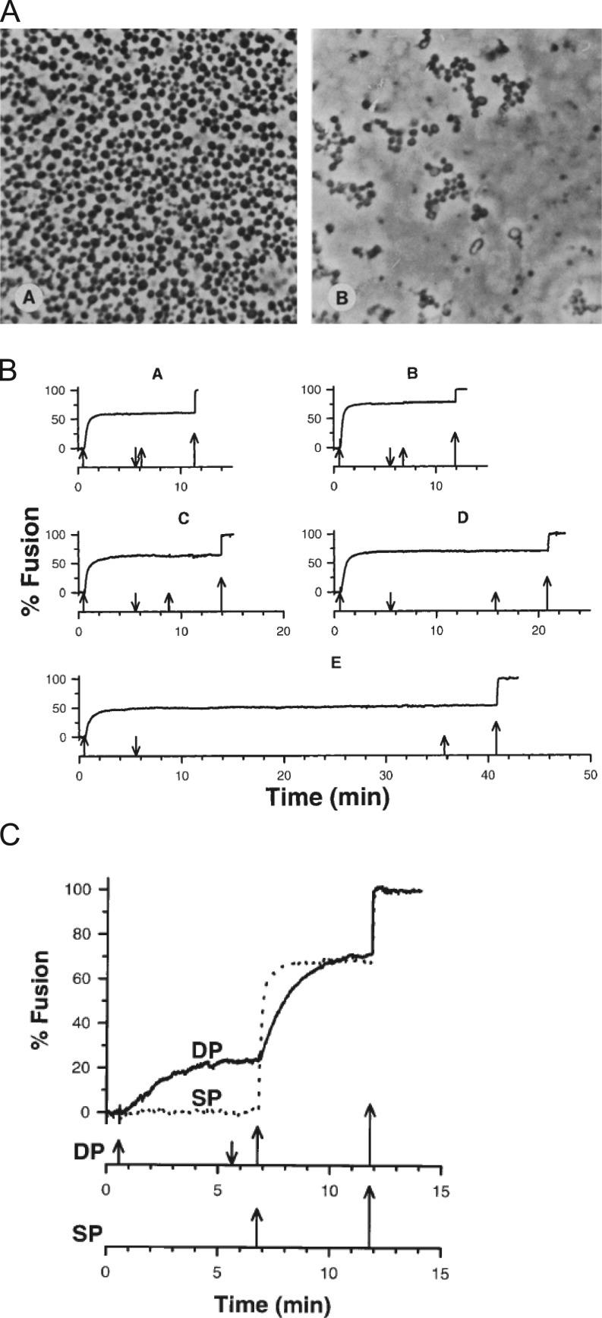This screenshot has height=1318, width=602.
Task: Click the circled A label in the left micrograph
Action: point(28,299)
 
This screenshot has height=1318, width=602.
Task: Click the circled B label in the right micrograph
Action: point(341,299)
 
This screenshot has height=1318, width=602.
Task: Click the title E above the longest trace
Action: point(336,662)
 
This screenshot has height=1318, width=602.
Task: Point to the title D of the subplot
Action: point(463,518)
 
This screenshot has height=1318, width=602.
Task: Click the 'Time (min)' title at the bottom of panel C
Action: point(273,1304)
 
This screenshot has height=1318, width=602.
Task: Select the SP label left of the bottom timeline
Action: point(89,1234)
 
